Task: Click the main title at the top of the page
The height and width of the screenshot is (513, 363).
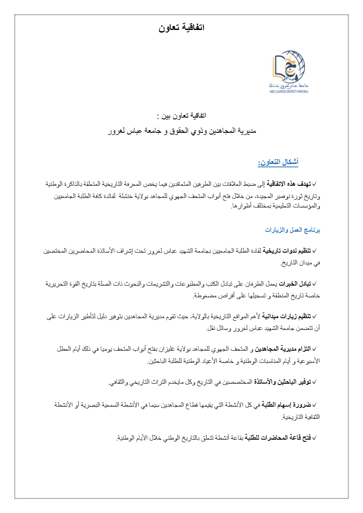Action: (181, 28)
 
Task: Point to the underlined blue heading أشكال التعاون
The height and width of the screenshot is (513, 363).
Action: (278, 162)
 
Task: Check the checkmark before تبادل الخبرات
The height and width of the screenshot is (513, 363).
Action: (315, 284)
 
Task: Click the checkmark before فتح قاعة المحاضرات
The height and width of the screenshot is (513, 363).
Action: (315, 438)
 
